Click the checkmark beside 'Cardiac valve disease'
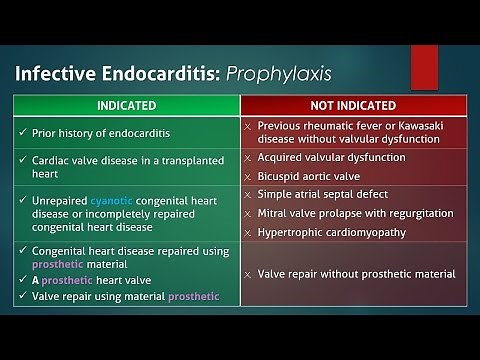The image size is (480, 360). coord(21,158)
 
